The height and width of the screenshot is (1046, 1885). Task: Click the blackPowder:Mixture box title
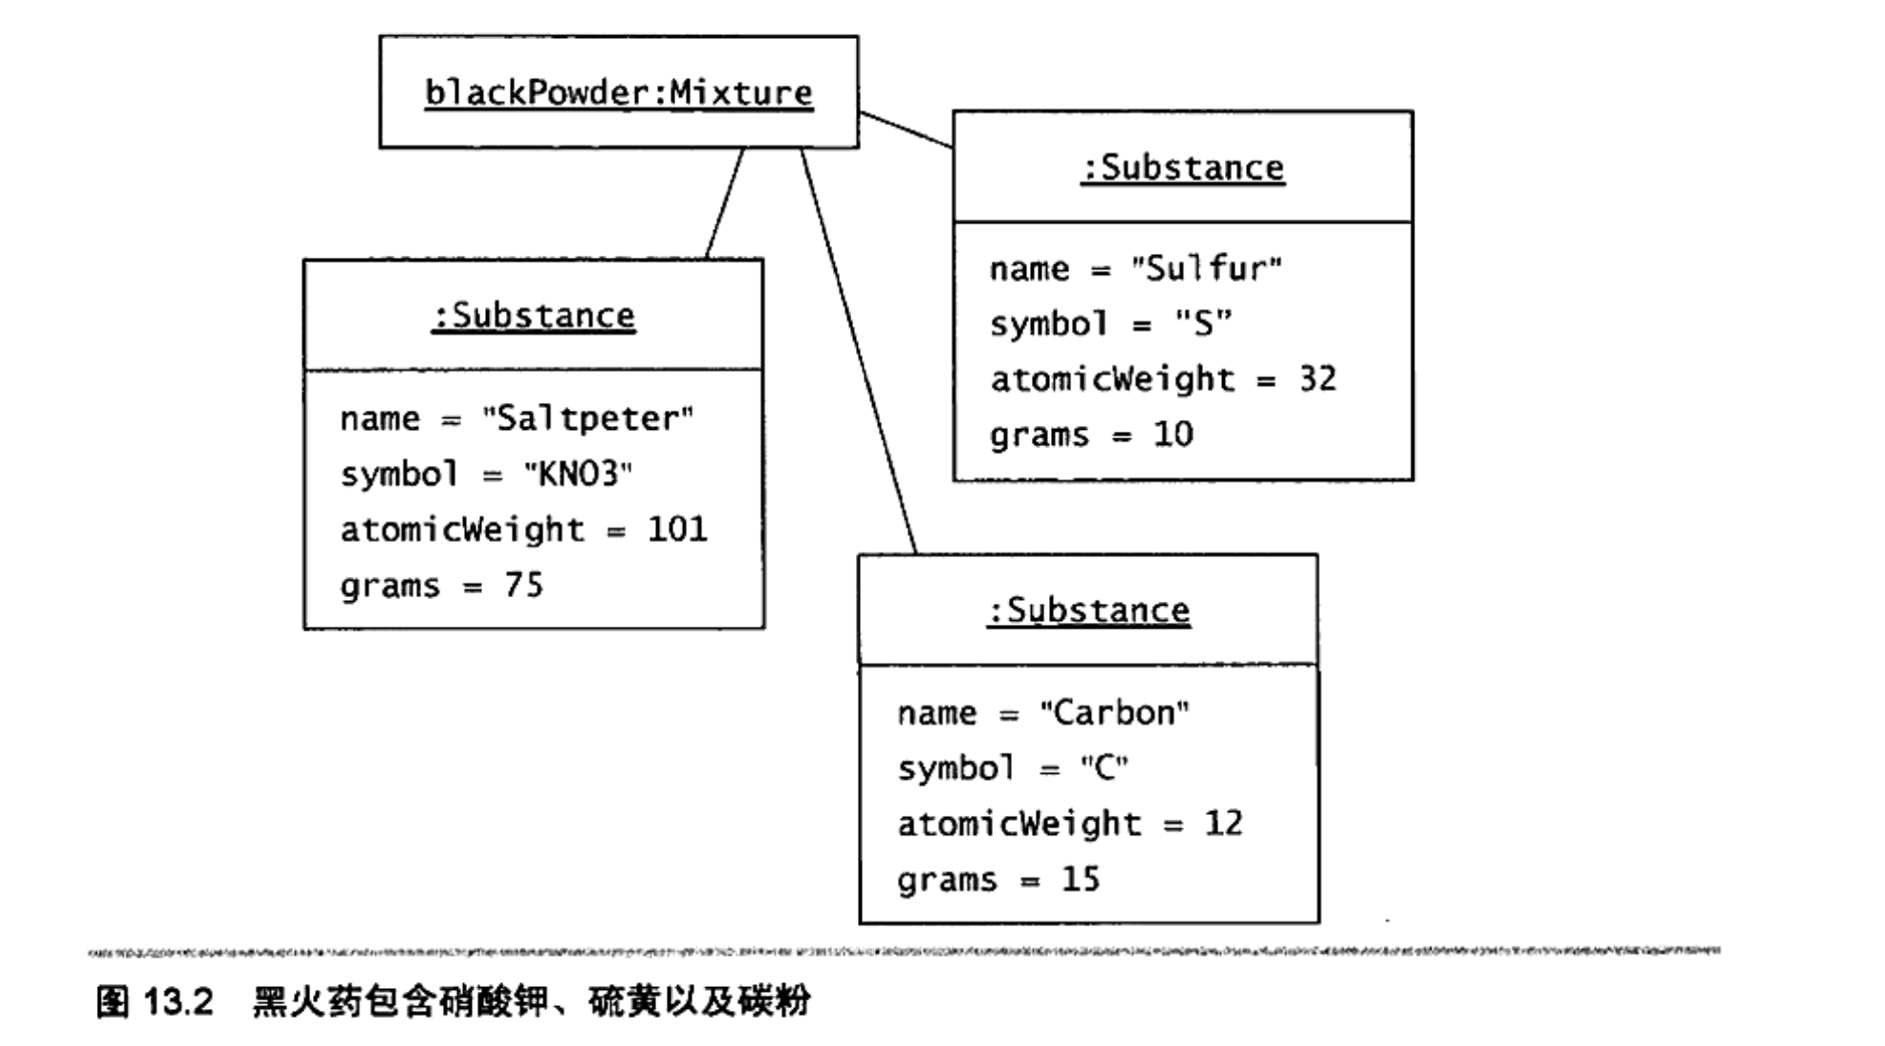618,93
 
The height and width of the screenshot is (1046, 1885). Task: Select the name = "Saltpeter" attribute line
517,418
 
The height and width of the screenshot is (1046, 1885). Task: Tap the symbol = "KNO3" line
486,474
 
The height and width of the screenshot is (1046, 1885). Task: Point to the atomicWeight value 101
677,529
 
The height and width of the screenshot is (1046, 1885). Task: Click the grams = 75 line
442,585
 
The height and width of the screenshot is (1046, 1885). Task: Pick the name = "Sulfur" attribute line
1136,269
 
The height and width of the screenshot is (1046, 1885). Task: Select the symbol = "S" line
1111,324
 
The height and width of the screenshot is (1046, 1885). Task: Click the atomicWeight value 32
1318,379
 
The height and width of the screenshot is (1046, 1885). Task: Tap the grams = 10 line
1091,435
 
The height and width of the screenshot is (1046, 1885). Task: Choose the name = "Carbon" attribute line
1043,713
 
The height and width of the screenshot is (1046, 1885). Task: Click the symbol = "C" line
1013,768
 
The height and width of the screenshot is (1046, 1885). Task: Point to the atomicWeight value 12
1224,823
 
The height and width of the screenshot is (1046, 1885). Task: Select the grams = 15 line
999,880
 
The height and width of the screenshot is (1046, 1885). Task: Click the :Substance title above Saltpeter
534,316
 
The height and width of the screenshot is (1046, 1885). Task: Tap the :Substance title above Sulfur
1183,168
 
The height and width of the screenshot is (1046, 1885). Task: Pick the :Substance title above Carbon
1089,610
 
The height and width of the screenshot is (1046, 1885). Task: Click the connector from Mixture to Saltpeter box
725,203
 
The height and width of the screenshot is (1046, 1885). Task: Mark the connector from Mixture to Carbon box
859,351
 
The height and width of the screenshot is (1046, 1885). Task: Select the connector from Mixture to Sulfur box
905,130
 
